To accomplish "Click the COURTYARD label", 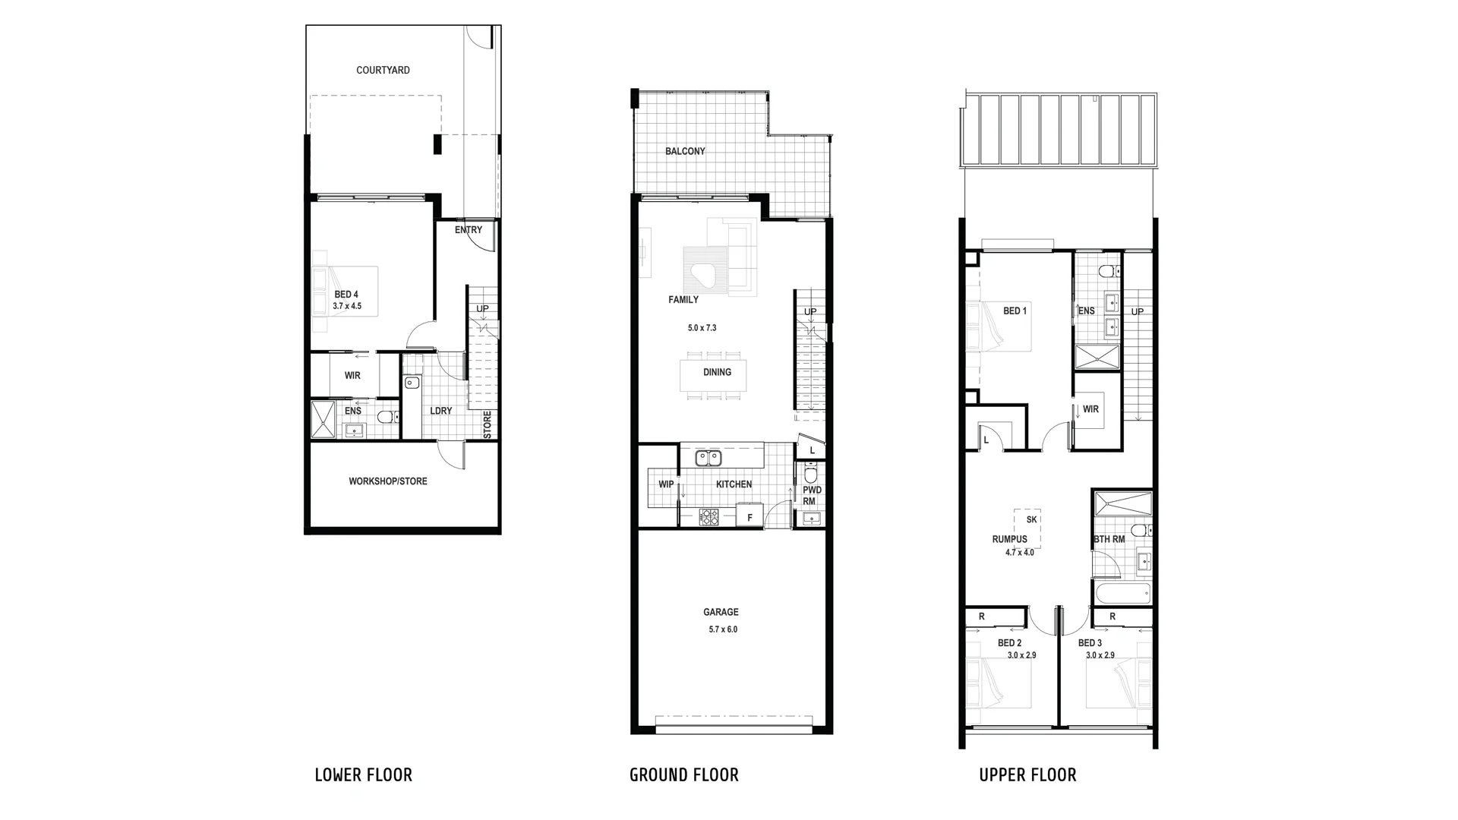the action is tap(383, 71).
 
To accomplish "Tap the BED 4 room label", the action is tap(346, 295).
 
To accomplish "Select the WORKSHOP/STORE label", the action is tap(387, 481).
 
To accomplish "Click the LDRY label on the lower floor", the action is tap(440, 411).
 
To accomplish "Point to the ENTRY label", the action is tap(469, 230).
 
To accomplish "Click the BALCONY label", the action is tap(685, 151).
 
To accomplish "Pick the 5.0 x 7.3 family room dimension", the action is tap(702, 328).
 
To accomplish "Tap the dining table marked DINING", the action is tap(712, 373).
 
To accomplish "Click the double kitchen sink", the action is tap(708, 458).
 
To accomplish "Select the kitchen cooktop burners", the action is tap(709, 517).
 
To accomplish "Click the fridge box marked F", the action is tap(750, 517).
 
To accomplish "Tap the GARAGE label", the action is tap(721, 612).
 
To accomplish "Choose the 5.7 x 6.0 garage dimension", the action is tap(723, 629).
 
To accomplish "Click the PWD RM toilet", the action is tap(810, 475).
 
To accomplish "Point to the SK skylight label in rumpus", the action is tap(1031, 520).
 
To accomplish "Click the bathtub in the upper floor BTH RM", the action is tap(1122, 594).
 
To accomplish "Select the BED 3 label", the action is tap(1090, 643).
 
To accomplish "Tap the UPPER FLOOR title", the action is tap(1027, 775).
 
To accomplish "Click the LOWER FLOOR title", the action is tap(363, 775).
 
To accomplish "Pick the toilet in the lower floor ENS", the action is tap(386, 417).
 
